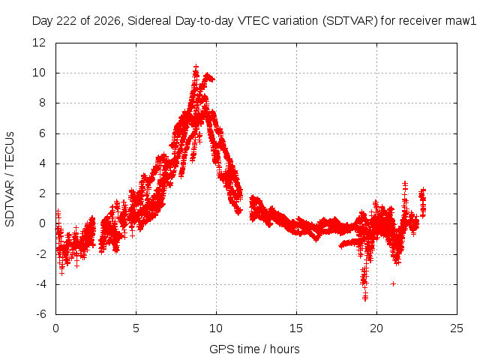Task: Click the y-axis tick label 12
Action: coord(39,43)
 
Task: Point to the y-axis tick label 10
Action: coord(39,73)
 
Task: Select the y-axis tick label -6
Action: coord(40,314)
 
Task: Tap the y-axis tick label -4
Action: coord(40,284)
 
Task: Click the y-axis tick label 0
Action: coord(42,223)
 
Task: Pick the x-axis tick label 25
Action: coord(457,328)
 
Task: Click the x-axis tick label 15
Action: coord(296,328)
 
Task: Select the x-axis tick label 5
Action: coord(136,328)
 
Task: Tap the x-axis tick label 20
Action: coord(376,328)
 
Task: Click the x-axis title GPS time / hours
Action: coord(254,349)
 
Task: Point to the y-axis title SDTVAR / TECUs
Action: coord(10,179)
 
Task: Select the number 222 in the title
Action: coord(67,21)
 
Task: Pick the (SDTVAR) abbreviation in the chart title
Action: coord(350,21)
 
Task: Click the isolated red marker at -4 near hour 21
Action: coord(393,284)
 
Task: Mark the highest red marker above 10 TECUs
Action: coord(196,66)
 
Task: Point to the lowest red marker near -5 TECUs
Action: coord(365,298)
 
